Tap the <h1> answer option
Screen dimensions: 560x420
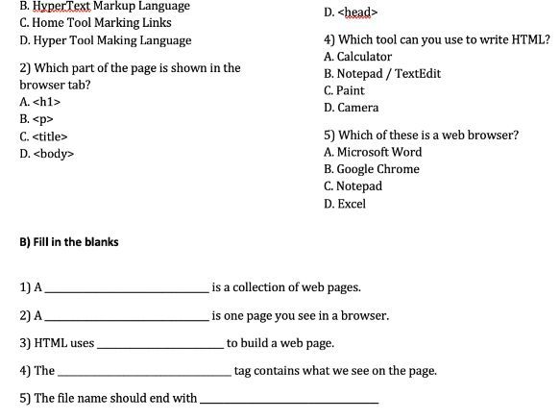(x=40, y=101)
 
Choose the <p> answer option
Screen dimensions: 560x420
(x=36, y=118)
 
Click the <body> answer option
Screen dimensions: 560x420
(x=46, y=153)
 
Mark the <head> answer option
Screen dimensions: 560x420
(x=352, y=12)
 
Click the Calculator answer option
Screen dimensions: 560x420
(x=358, y=57)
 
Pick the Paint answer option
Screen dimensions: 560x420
(x=345, y=90)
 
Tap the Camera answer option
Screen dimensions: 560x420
(x=352, y=108)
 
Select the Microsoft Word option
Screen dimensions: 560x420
(x=373, y=152)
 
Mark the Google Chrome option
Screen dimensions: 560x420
(x=372, y=169)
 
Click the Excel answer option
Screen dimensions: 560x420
(x=345, y=204)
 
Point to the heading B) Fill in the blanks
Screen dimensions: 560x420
(x=69, y=242)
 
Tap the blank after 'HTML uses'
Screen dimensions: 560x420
(x=159, y=344)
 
